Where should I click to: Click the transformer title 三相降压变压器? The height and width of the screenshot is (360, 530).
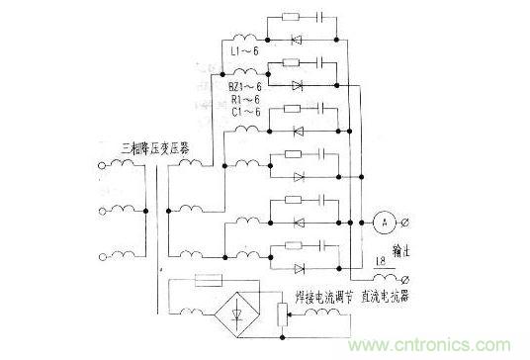coord(157,149)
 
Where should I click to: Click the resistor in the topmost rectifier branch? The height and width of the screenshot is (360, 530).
coord(290,18)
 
